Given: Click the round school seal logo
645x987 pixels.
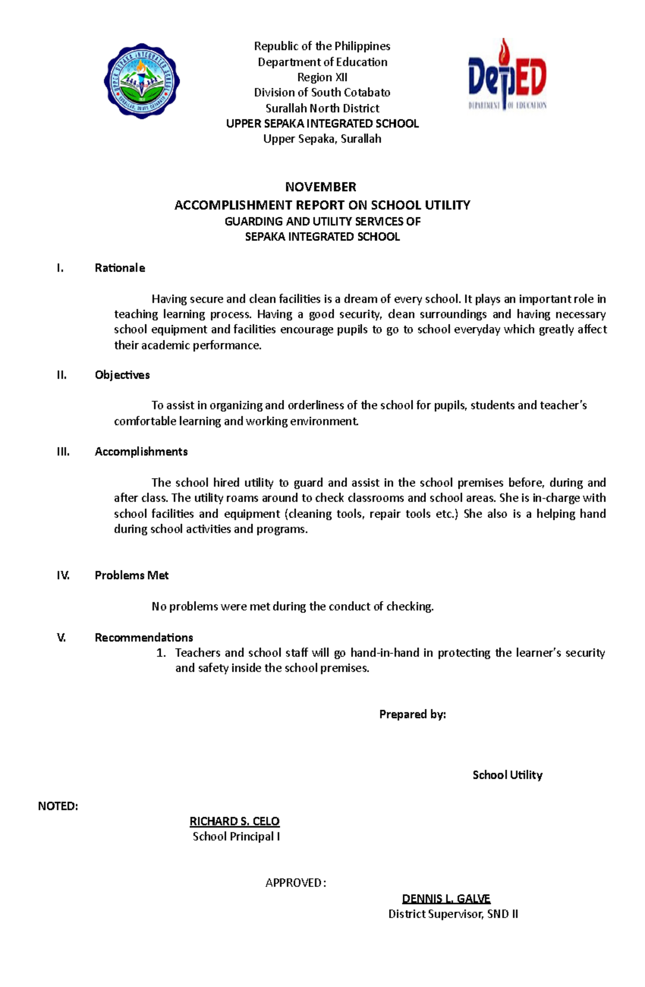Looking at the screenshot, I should coord(142,81).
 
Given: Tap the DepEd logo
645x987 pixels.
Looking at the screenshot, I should coord(507,75).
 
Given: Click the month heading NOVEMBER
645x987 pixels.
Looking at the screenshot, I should coord(320,187).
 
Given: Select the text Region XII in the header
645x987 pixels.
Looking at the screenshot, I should coord(322,77).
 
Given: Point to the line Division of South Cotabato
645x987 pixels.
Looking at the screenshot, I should coord(322,93).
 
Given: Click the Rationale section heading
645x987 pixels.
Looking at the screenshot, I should coord(120,268).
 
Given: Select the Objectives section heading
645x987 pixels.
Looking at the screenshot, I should coord(122,375).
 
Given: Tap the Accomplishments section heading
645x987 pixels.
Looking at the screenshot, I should coord(141,452).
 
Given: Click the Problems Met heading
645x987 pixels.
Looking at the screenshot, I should coord(132,576).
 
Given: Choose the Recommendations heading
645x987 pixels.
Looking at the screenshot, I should coord(144,637).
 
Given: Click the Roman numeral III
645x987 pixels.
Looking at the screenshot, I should coord(63,452).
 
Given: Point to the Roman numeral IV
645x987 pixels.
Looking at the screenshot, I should coord(63,576).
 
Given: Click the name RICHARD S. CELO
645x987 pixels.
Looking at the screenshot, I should coord(234,821).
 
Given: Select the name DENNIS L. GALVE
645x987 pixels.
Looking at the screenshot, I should coord(446,899).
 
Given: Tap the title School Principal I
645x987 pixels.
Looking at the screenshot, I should coord(236,836).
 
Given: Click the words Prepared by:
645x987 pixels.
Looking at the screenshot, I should coord(412,714).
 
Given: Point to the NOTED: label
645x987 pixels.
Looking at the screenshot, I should coord(58,806).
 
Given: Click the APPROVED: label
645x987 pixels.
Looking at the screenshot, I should coord(295,883).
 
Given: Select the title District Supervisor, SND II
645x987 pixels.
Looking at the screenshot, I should coord(453,914).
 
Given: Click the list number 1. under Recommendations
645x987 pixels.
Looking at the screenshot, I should coord(161,653).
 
